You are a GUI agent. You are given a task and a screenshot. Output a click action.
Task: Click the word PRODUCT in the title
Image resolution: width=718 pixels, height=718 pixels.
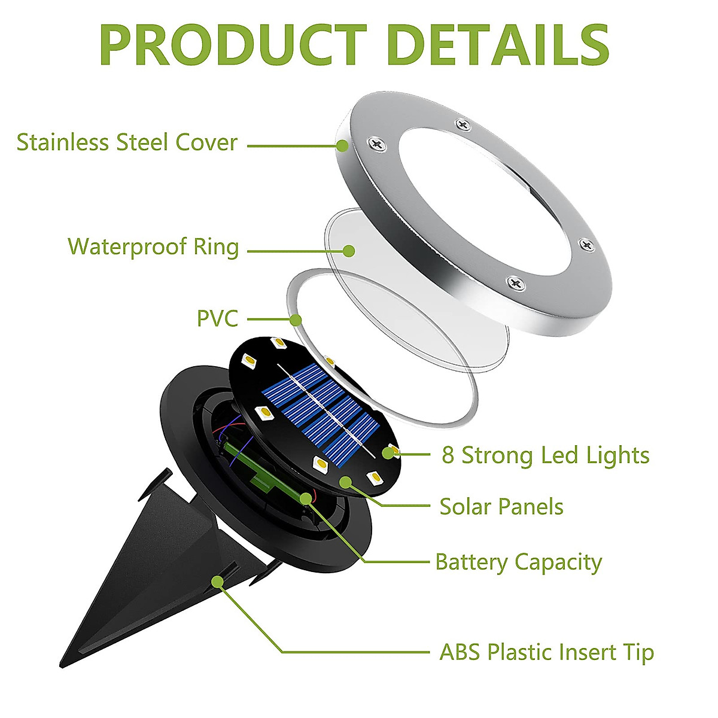click(x=232, y=47)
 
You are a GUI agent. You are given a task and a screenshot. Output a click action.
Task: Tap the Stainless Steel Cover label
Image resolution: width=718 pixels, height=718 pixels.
click(x=127, y=143)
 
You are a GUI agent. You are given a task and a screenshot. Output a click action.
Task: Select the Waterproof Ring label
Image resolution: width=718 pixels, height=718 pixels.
click(x=153, y=247)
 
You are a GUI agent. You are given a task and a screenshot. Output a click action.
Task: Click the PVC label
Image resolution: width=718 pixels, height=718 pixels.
click(x=217, y=318)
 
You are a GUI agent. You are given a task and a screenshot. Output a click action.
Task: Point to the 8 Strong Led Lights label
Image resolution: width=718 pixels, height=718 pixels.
click(x=545, y=455)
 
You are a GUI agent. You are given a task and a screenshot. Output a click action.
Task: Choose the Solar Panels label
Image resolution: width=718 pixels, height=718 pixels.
click(x=501, y=507)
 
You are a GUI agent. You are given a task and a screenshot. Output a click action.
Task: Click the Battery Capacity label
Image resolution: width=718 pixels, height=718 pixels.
click(x=518, y=562)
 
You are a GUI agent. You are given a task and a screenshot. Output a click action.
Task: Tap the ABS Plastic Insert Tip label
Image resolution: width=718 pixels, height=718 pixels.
click(x=546, y=652)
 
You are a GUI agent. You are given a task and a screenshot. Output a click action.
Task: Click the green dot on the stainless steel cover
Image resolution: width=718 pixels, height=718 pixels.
click(x=342, y=145)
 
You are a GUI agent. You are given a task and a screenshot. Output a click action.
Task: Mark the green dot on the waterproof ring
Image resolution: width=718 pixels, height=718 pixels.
click(x=349, y=251)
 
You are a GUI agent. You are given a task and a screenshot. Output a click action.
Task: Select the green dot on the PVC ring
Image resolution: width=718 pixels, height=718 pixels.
click(x=296, y=320)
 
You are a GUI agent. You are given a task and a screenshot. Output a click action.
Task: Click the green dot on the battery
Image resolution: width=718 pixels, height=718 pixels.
click(x=307, y=497)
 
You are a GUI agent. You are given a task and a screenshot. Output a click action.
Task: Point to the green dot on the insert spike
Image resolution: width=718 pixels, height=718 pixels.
click(x=218, y=581)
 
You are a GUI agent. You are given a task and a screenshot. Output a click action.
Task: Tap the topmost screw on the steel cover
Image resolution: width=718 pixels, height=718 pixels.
click(x=463, y=124)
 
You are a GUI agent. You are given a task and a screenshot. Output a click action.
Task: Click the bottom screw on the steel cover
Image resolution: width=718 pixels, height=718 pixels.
click(x=513, y=282)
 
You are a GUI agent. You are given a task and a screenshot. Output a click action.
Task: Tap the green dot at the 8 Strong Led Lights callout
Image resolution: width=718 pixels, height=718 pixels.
click(x=388, y=453)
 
